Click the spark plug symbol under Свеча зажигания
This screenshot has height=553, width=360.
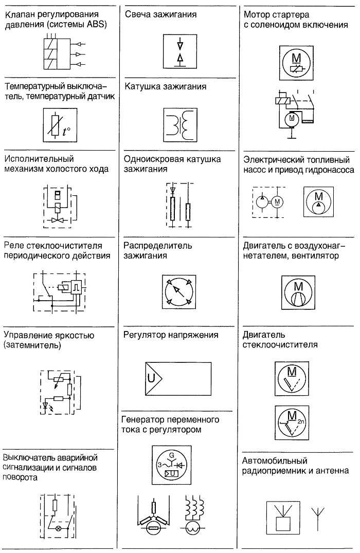pos(179,51)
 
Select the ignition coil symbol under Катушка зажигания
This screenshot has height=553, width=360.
pos(180,125)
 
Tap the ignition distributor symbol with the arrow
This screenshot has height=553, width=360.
pos(179,292)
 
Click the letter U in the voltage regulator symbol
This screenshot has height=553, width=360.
pos(151,378)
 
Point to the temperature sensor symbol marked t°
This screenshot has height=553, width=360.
pos(60,125)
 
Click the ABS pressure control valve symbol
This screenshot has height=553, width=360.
pos(65,53)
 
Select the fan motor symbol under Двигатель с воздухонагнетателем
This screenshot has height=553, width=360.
pos(298,293)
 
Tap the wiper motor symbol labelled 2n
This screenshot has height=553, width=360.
pos(292,422)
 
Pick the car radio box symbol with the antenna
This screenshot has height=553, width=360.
pos(283,519)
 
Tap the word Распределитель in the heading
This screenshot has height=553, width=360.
pos(158,246)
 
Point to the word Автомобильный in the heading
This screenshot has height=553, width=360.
pos(275,460)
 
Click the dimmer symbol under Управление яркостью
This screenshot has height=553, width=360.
pos(61,392)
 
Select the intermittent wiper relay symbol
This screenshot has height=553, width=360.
pos(59,290)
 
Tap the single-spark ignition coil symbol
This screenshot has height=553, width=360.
pos(180,206)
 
